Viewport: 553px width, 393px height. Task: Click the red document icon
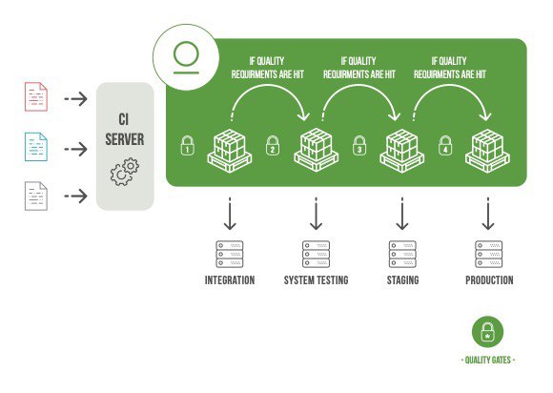(x=36, y=96)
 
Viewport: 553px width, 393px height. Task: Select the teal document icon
(x=36, y=147)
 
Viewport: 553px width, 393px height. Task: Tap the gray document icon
(x=36, y=196)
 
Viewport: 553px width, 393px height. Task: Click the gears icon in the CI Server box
(x=125, y=172)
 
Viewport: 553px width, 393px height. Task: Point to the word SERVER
(x=125, y=139)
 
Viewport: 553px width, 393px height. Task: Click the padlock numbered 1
(x=187, y=145)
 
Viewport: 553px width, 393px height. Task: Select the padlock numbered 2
(x=273, y=145)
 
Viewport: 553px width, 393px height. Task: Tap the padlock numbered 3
(x=359, y=145)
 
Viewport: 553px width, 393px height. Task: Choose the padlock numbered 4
(x=445, y=145)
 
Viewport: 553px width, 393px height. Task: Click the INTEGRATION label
(x=230, y=280)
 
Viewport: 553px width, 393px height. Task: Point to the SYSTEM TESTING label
(x=316, y=280)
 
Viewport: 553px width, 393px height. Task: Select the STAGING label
(x=402, y=280)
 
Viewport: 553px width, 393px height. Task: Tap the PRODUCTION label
(x=489, y=280)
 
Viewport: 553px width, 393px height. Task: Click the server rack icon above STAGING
(x=402, y=255)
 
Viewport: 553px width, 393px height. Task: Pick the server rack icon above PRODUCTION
(x=489, y=255)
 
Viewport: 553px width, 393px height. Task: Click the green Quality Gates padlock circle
(x=488, y=332)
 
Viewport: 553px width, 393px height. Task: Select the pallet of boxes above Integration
(x=230, y=151)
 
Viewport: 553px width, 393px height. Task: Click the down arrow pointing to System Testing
(x=316, y=214)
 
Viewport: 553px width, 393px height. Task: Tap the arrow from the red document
(x=76, y=99)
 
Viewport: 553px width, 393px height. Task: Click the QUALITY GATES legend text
(x=488, y=361)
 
